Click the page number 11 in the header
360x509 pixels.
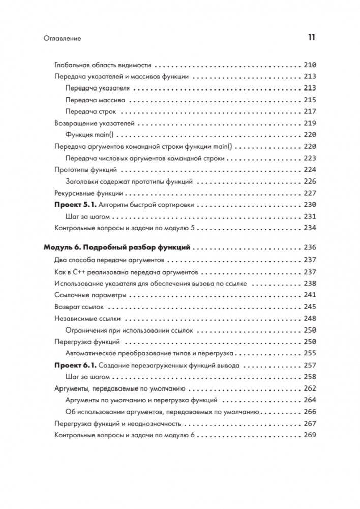pyautogui.click(x=311, y=37)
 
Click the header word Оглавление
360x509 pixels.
pyautogui.click(x=63, y=38)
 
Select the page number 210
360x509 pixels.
pyautogui.click(x=309, y=65)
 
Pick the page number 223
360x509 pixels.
pyautogui.click(x=309, y=158)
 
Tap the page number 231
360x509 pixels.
pyautogui.click(x=309, y=217)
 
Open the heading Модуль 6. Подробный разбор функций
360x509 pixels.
pyautogui.click(x=117, y=248)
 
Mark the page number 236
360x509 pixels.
pyautogui.click(x=309, y=248)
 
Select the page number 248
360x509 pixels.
pyautogui.click(x=309, y=319)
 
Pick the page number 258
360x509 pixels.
pyautogui.click(x=309, y=377)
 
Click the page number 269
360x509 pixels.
pyautogui.click(x=309, y=435)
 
